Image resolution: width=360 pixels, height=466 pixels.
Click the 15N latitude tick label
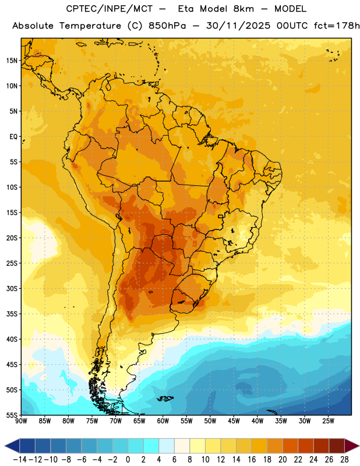click(x=12, y=61)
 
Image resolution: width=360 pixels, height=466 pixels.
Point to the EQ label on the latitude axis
click(x=13, y=137)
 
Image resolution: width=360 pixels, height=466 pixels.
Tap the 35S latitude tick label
click(x=12, y=314)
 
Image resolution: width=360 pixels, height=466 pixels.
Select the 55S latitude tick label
click(x=12, y=415)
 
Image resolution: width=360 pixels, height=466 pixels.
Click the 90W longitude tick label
click(x=21, y=421)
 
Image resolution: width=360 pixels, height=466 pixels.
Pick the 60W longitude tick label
click(x=163, y=421)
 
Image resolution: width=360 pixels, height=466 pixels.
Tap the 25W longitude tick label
click(x=328, y=421)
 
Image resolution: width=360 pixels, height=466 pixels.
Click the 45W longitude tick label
click(x=234, y=421)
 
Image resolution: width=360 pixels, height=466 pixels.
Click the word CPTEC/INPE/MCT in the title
click(x=110, y=9)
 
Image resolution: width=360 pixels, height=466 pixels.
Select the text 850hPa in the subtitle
click(x=167, y=26)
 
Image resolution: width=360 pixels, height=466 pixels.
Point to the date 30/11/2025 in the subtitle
click(x=238, y=26)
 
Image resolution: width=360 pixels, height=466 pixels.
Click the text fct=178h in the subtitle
click(x=337, y=26)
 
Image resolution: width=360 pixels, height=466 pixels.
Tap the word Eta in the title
click(x=186, y=9)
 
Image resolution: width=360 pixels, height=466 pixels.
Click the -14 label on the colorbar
click(x=20, y=460)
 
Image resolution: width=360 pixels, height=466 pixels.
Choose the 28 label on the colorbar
click(x=344, y=460)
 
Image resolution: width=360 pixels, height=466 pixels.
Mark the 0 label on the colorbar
click(x=128, y=460)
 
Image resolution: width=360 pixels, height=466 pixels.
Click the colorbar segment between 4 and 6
click(x=167, y=446)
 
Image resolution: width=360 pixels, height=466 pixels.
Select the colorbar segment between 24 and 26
click(x=321, y=446)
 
